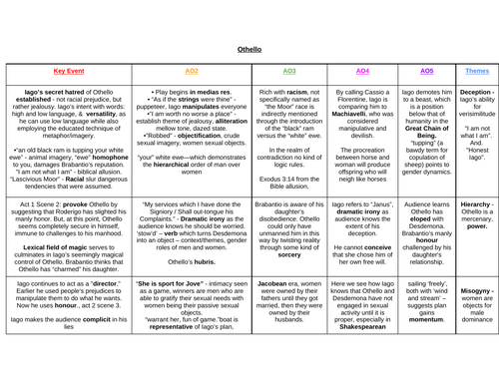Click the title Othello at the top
(249, 47)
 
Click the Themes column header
(477, 72)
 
